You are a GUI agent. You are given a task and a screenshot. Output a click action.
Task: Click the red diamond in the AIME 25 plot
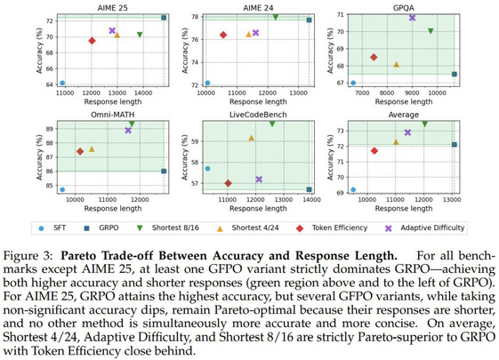(92, 41)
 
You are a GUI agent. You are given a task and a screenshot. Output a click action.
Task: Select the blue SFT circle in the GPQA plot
(353, 83)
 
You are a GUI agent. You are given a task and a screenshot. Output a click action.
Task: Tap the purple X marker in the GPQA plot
(412, 18)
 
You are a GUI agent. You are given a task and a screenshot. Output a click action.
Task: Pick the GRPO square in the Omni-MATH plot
(164, 171)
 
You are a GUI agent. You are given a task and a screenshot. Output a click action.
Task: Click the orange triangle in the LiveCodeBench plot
(252, 138)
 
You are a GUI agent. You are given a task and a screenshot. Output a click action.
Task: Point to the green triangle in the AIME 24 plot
(276, 17)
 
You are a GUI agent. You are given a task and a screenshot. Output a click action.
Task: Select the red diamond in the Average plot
(374, 151)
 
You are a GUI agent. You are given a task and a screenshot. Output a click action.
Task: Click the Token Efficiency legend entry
(332, 228)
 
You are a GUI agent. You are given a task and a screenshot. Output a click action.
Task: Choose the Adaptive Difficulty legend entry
(424, 228)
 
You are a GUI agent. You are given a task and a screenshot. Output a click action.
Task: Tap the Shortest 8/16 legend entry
(168, 228)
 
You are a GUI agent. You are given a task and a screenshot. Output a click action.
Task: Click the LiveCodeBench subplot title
(258, 115)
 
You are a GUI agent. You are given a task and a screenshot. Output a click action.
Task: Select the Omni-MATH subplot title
(113, 115)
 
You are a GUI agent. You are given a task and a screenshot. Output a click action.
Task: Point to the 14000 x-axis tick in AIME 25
(143, 92)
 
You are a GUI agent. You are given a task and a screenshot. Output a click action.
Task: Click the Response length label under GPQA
(404, 101)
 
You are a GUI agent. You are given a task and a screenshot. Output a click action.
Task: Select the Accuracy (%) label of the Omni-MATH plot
(39, 157)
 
